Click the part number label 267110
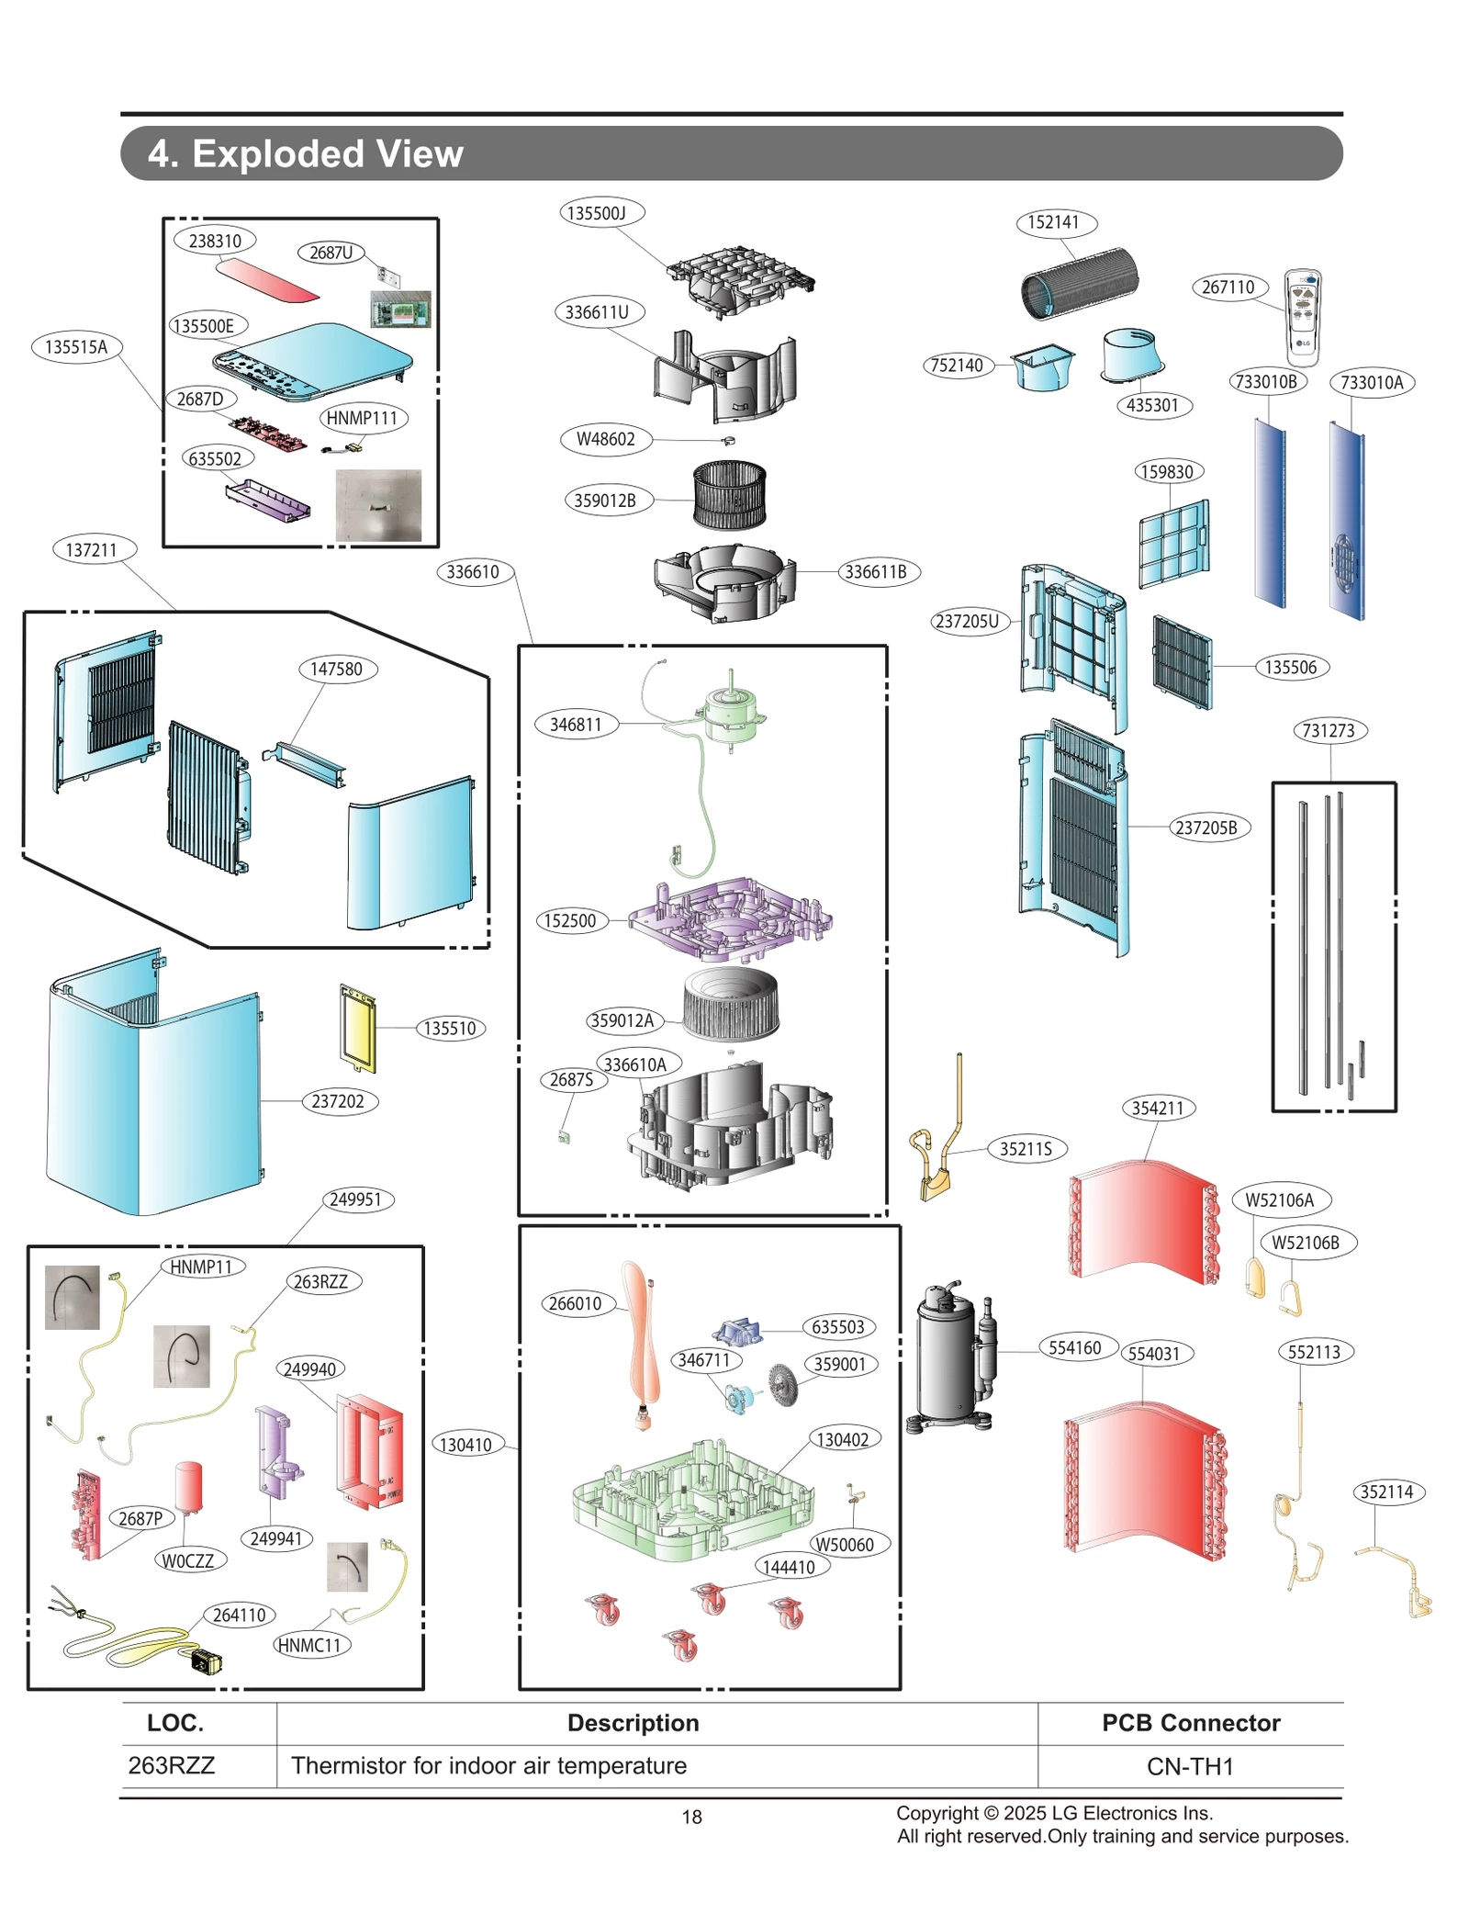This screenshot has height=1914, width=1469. [x=1228, y=287]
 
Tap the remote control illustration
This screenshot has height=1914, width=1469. [x=1302, y=317]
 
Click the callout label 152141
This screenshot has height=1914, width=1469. [x=1053, y=222]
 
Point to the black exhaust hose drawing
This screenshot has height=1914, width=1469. [x=1079, y=283]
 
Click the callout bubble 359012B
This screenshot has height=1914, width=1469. [x=604, y=501]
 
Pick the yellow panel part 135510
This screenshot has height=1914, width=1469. [x=358, y=1028]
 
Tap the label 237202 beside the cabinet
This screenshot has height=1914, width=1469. [x=338, y=1101]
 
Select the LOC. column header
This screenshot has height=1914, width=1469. [x=175, y=1723]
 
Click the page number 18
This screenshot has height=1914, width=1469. [x=691, y=1817]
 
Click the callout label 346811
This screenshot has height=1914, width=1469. [x=576, y=725]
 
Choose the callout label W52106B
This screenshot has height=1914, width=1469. [x=1305, y=1243]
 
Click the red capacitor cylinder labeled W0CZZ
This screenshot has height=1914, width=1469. [x=188, y=1486]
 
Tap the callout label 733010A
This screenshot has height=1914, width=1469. [x=1371, y=382]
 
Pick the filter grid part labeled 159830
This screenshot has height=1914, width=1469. [x=1173, y=544]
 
